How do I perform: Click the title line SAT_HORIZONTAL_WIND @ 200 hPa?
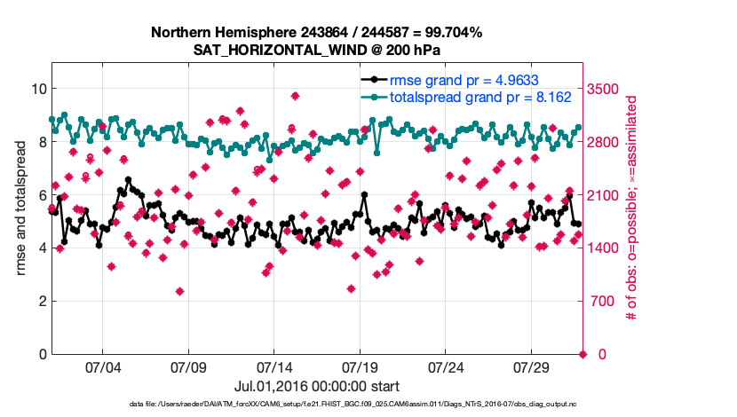pyautogui.click(x=316, y=50)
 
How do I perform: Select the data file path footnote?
pyautogui.click(x=316, y=405)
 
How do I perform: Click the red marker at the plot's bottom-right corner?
pyautogui.click(x=583, y=355)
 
